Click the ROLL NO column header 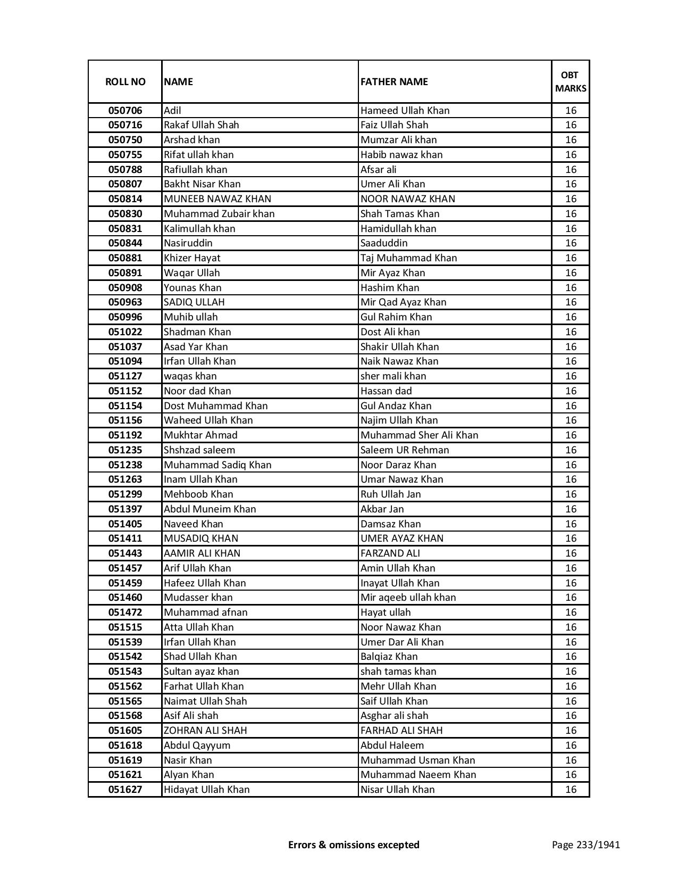125,81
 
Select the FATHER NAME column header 394,81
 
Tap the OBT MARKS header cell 571,81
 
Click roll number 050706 125,111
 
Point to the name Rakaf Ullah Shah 201,125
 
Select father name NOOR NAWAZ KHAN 407,199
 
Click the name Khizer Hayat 192,258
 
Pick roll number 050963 125,302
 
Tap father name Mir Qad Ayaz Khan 403,302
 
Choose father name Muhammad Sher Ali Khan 419,435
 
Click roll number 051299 125,494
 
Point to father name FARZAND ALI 390,553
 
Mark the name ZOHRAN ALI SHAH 205,731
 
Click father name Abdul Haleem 392,746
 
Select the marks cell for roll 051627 571,790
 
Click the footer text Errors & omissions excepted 354,844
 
